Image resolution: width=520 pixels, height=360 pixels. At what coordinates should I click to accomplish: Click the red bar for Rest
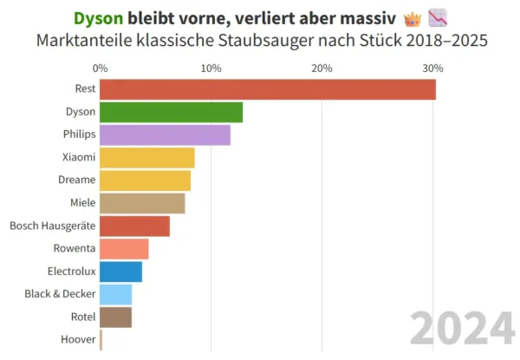pyautogui.click(x=267, y=89)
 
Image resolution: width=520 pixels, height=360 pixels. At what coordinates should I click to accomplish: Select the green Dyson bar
pyautogui.click(x=171, y=112)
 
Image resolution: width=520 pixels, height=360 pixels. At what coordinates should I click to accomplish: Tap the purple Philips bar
pyautogui.click(x=165, y=134)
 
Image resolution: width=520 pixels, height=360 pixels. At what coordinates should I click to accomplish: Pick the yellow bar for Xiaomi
pyautogui.click(x=146, y=158)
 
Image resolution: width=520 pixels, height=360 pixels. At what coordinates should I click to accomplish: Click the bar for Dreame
pyautogui.click(x=145, y=180)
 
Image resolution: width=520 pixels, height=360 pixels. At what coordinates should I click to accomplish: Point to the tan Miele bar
pyautogui.click(x=142, y=203)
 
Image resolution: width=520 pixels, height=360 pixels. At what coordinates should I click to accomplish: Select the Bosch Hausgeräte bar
pyautogui.click(x=134, y=226)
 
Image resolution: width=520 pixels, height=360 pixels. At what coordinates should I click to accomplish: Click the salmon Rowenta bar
pyautogui.click(x=124, y=249)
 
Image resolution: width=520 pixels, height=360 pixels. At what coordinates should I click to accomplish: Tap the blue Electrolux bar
pyautogui.click(x=120, y=272)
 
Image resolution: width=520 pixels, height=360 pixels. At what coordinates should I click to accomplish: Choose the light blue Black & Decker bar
pyautogui.click(x=115, y=294)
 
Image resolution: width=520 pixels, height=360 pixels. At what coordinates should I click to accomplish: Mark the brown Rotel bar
pyautogui.click(x=115, y=317)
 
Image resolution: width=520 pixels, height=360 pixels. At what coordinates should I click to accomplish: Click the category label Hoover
pyautogui.click(x=78, y=340)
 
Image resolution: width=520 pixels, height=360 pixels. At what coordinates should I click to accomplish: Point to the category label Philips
pyautogui.click(x=79, y=134)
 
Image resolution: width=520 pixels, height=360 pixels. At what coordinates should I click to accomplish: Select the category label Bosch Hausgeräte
pyautogui.click(x=52, y=226)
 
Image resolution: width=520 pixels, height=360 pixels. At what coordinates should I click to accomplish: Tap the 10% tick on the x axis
pyautogui.click(x=211, y=69)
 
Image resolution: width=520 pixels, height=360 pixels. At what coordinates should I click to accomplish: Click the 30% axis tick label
pyautogui.click(x=432, y=69)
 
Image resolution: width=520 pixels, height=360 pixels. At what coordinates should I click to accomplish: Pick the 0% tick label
pyautogui.click(x=100, y=69)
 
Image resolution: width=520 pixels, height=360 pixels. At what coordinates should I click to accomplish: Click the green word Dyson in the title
pyautogui.click(x=98, y=18)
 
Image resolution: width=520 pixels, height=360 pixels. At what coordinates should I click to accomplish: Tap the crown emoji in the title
pyautogui.click(x=413, y=18)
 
